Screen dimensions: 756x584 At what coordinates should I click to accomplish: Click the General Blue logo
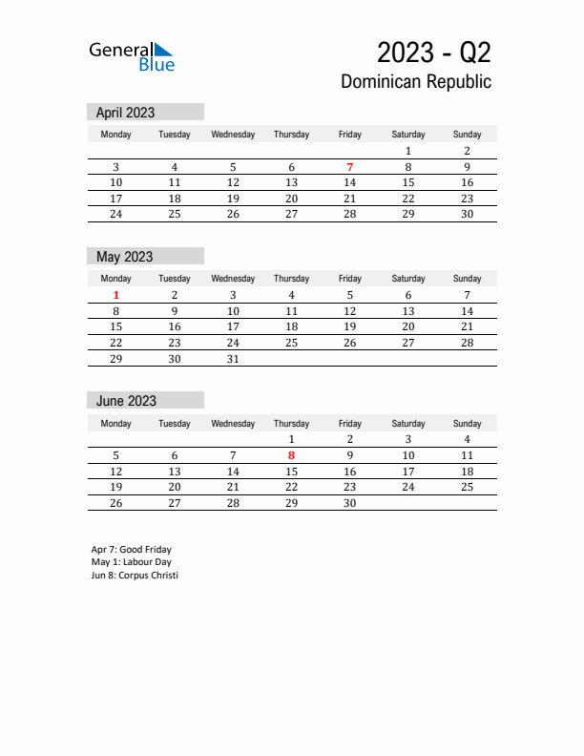point(132,55)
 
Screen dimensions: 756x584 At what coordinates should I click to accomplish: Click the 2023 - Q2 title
point(434,52)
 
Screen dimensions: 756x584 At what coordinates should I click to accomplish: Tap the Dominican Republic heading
point(416,82)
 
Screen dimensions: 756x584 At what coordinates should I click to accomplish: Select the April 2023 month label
point(125,113)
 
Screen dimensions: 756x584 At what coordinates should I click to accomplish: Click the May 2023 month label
point(124,257)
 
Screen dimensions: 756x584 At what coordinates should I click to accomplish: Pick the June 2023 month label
point(126,401)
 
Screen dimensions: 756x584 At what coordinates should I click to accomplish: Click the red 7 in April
point(350,167)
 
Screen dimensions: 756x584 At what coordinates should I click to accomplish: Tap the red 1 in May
point(116,295)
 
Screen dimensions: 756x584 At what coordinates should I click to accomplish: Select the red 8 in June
point(291,455)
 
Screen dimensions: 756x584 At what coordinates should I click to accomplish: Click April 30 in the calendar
point(467,214)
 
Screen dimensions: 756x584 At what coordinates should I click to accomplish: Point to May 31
point(233,359)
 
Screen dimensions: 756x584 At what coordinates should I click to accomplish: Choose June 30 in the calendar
point(350,503)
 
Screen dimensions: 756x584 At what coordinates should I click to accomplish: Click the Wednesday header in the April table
point(233,135)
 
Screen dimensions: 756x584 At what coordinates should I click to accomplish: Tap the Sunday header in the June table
point(467,423)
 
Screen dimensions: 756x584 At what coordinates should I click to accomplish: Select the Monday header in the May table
point(116,279)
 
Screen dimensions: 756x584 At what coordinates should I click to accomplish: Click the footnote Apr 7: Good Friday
point(132,550)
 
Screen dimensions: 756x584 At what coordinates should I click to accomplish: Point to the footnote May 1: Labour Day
point(132,562)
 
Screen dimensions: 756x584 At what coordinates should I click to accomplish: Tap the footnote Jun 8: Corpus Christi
point(135,576)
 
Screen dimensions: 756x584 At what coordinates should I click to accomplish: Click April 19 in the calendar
point(233,199)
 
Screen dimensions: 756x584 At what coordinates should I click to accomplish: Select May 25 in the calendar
point(291,343)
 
